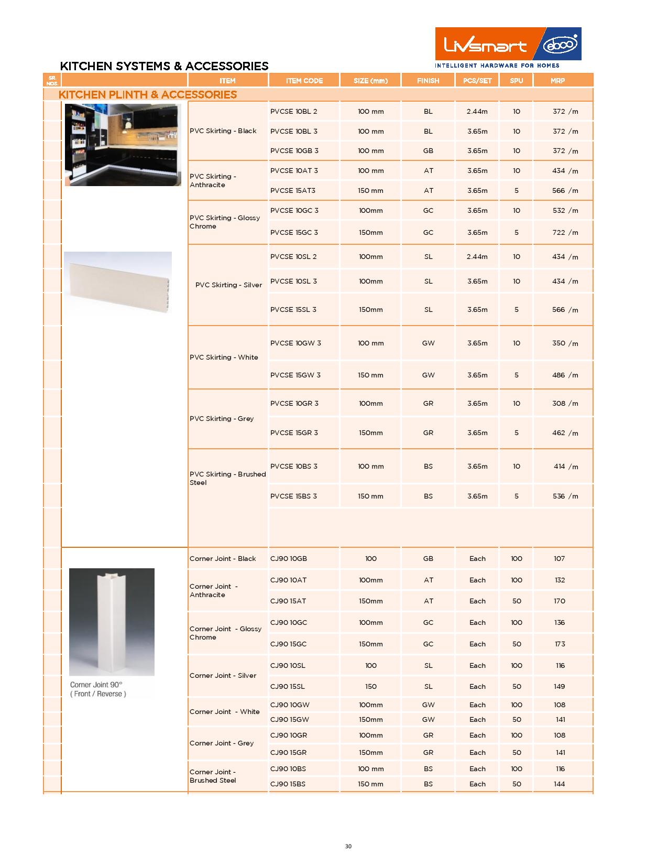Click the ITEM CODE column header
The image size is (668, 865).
click(304, 81)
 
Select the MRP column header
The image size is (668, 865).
click(557, 81)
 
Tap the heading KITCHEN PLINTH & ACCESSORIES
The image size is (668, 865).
click(148, 95)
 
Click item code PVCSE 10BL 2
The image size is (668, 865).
click(293, 112)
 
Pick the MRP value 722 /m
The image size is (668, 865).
click(565, 233)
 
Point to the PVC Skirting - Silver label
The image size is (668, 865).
click(228, 285)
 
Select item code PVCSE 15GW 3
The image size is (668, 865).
click(295, 375)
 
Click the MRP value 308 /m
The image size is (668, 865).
click(565, 404)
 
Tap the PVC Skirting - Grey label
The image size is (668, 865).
click(222, 419)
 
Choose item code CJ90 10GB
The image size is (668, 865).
click(288, 559)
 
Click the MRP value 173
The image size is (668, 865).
click(560, 644)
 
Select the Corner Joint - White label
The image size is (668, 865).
click(224, 712)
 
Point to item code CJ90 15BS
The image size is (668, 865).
click(288, 784)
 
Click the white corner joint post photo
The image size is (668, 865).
click(112, 622)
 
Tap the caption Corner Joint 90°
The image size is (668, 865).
click(96, 685)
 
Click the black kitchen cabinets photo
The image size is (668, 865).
click(123, 145)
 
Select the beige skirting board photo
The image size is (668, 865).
click(117, 281)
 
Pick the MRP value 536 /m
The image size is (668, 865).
click(565, 496)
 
